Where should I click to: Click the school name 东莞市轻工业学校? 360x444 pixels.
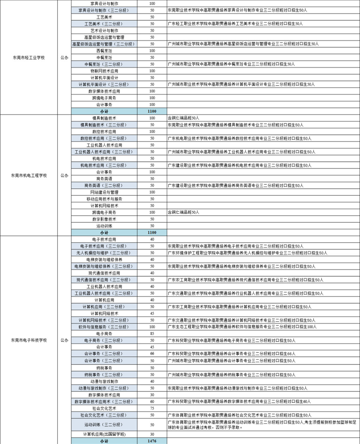29,58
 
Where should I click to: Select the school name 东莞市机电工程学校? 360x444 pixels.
29,175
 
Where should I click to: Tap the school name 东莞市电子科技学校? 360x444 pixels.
29,340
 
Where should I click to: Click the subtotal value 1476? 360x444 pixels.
152,441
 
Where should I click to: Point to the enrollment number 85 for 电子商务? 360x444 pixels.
152,333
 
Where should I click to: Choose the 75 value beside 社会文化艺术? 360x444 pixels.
152,408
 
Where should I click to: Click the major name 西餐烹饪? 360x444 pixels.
104,51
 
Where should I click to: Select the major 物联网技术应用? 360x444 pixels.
104,71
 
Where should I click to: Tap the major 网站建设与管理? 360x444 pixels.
104,192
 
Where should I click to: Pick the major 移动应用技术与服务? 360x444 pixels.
104,199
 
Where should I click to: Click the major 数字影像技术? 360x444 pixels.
104,219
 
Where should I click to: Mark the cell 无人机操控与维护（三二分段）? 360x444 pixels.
104,253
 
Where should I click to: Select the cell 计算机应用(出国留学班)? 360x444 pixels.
104,434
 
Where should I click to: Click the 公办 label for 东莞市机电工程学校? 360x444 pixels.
64,175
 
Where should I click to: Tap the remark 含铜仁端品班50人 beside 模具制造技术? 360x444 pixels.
184,118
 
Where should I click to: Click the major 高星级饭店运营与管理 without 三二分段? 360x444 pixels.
104,37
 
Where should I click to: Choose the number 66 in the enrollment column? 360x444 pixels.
152,354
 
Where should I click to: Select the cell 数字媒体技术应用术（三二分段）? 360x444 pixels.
104,401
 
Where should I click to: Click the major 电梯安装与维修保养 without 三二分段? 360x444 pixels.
104,260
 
